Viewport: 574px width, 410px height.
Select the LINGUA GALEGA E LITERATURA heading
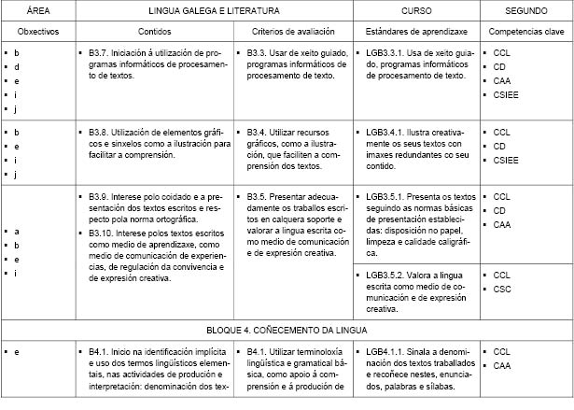tap(217, 10)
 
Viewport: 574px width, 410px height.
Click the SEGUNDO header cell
tap(524, 10)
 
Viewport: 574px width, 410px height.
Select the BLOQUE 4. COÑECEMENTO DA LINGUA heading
tap(287, 330)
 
